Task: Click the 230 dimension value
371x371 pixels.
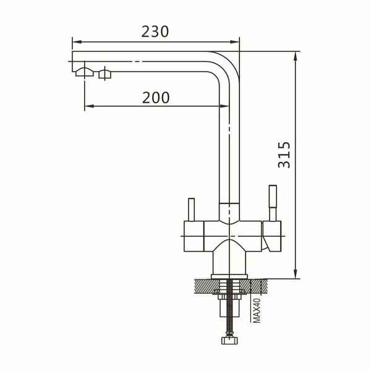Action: point(155,32)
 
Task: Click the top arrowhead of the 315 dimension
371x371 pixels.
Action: point(296,54)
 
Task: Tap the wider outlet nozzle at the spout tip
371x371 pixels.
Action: point(81,73)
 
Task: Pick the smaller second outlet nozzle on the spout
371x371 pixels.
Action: point(104,75)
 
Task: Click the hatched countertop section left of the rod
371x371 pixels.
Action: point(205,286)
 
